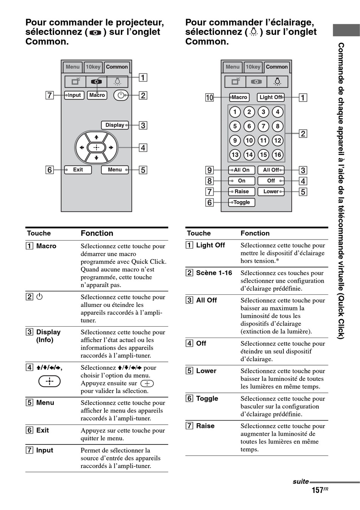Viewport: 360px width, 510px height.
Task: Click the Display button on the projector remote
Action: (x=115, y=125)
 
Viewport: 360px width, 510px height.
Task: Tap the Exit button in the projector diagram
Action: (x=78, y=170)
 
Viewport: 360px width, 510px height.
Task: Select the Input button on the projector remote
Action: (x=74, y=95)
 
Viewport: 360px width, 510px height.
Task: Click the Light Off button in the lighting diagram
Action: (x=271, y=97)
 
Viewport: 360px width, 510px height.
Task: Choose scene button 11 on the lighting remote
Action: (x=263, y=141)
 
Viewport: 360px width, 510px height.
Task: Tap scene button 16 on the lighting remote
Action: (x=277, y=155)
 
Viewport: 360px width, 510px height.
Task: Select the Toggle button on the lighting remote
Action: (x=242, y=202)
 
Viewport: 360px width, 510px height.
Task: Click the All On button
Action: (x=242, y=170)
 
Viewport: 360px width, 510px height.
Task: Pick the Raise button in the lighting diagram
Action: (x=242, y=191)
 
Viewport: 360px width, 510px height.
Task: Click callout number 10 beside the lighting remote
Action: (x=210, y=97)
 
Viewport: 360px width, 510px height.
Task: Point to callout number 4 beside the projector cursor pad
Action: (x=143, y=148)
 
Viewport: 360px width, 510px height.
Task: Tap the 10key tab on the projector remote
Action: (x=93, y=67)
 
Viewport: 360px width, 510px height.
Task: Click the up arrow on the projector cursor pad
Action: (x=97, y=137)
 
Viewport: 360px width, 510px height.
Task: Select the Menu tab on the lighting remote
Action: (x=233, y=67)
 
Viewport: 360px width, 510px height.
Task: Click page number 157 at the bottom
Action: (x=318, y=490)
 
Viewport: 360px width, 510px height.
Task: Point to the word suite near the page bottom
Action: (x=301, y=482)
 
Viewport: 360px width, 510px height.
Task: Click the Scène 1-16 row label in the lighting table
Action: (x=214, y=273)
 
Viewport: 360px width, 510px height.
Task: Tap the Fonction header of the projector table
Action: (x=97, y=233)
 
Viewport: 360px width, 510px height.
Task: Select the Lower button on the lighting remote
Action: (x=271, y=191)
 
